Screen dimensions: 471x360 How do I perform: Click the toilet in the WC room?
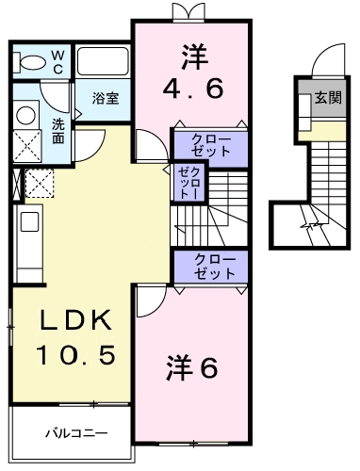pyautogui.click(x=34, y=63)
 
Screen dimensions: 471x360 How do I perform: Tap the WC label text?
pyautogui.click(x=57, y=61)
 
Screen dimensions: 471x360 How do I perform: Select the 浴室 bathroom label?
pyautogui.click(x=105, y=97)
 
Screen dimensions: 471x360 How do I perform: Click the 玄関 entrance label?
pyautogui.click(x=328, y=96)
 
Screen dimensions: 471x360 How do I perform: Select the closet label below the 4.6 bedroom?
pyautogui.click(x=209, y=145)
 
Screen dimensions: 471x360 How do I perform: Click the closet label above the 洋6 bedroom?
pyautogui.click(x=209, y=266)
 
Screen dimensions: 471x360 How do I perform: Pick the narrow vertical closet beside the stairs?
pyautogui.click(x=185, y=180)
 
